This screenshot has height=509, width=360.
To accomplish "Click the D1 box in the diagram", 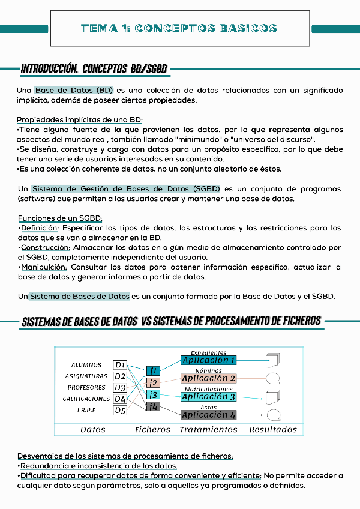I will click(120, 364).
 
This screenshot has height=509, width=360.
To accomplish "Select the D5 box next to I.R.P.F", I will click(120, 410).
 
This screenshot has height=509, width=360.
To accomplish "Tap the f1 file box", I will click(154, 370).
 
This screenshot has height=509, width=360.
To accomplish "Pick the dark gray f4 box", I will click(154, 406).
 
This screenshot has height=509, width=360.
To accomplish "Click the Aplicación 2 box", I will click(209, 379).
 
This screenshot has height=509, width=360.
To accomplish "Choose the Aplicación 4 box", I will click(209, 415).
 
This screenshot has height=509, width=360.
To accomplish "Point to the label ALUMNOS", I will click(86, 365).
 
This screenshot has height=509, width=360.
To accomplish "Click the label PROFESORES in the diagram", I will click(86, 388).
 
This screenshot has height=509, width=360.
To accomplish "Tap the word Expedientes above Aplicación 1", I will click(208, 353).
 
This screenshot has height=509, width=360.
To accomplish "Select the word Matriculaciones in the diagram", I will click(209, 389).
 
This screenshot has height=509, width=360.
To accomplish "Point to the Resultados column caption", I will click(273, 429).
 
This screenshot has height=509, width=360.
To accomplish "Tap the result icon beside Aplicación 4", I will click(274, 414).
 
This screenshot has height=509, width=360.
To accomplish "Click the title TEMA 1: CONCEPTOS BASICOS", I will click(179, 28).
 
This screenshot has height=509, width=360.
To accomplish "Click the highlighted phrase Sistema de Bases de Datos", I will click(79, 296).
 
